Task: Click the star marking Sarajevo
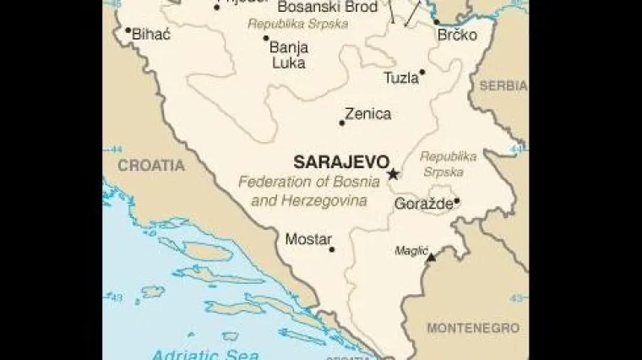(393, 175)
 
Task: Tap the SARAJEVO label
(340, 161)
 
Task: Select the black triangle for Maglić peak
(431, 257)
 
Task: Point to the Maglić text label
(411, 250)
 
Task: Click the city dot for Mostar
(332, 249)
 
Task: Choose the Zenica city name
(367, 114)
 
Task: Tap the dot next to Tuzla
(422, 73)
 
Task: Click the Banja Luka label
(288, 54)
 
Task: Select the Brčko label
(456, 35)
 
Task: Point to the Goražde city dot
(457, 201)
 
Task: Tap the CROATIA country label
(150, 166)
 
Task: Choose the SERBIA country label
(503, 86)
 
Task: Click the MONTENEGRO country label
(472, 327)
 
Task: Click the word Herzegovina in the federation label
(325, 202)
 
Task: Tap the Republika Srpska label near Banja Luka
(297, 24)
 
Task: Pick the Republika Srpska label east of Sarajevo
(448, 164)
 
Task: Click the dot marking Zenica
(342, 123)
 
